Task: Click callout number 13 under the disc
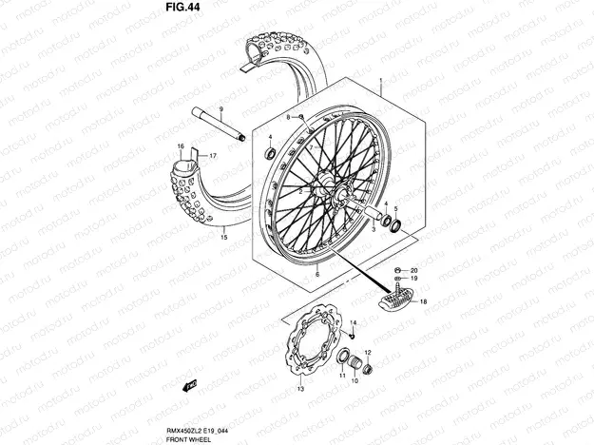tap(299, 389)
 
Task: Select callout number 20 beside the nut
tap(413, 270)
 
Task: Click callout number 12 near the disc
tap(369, 353)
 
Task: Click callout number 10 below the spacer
tap(354, 383)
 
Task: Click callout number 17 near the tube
tap(213, 155)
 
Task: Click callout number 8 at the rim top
tap(287, 116)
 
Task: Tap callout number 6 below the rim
tap(317, 273)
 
